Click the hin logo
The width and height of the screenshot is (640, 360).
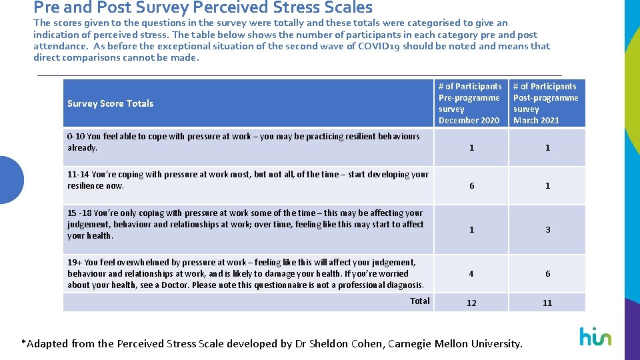(x=595, y=337)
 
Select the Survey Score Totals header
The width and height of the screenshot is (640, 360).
(x=111, y=103)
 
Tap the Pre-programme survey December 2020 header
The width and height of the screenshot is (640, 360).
(x=470, y=103)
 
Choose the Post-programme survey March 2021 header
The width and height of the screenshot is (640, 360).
(x=546, y=103)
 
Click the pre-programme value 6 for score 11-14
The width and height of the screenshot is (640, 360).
(x=471, y=186)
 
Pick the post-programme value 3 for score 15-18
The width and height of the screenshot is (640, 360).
(x=547, y=230)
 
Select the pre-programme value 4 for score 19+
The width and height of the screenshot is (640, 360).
(x=471, y=274)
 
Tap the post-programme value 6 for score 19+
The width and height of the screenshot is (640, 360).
(x=547, y=274)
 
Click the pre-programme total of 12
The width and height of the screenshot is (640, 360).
(x=471, y=303)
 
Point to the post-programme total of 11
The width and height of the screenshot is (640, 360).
(x=547, y=303)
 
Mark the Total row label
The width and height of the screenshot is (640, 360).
(x=419, y=301)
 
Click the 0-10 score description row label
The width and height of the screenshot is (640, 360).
(x=243, y=142)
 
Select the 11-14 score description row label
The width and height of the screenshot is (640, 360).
(x=248, y=180)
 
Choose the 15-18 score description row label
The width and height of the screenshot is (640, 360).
(x=245, y=224)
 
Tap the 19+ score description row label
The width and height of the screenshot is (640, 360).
(x=245, y=274)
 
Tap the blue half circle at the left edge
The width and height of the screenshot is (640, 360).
(x=11, y=179)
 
